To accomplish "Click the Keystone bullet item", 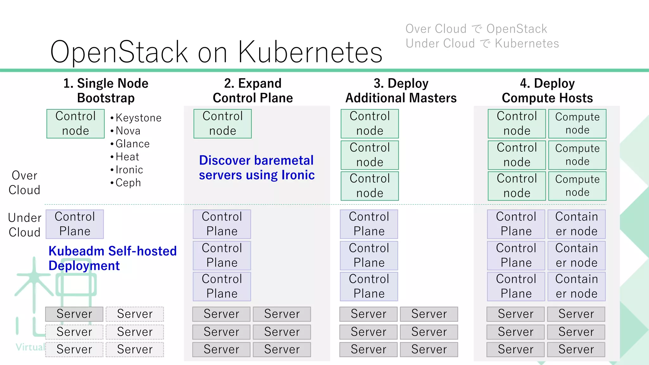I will click(x=138, y=118).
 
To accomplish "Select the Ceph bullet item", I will click(x=128, y=183).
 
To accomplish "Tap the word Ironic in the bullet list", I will click(x=129, y=170).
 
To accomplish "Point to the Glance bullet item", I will click(x=132, y=144).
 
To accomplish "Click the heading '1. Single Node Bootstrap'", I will click(x=106, y=91).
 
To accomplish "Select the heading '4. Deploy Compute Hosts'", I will click(x=547, y=91).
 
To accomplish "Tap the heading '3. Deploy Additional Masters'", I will click(x=401, y=91).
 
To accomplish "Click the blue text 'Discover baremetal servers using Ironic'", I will click(x=257, y=168).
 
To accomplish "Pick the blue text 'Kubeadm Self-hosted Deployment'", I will click(x=112, y=258).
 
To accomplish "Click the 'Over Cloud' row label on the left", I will click(x=24, y=183).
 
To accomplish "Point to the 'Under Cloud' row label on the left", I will click(x=24, y=225).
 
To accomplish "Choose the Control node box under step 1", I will click(x=75, y=124).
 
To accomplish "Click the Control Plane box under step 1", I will click(x=75, y=224).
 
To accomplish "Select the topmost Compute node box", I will click(x=577, y=124).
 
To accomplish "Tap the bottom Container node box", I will click(x=576, y=286).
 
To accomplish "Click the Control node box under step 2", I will click(x=222, y=124).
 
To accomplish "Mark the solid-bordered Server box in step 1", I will click(x=74, y=314).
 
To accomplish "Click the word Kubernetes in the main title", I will click(x=310, y=52).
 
